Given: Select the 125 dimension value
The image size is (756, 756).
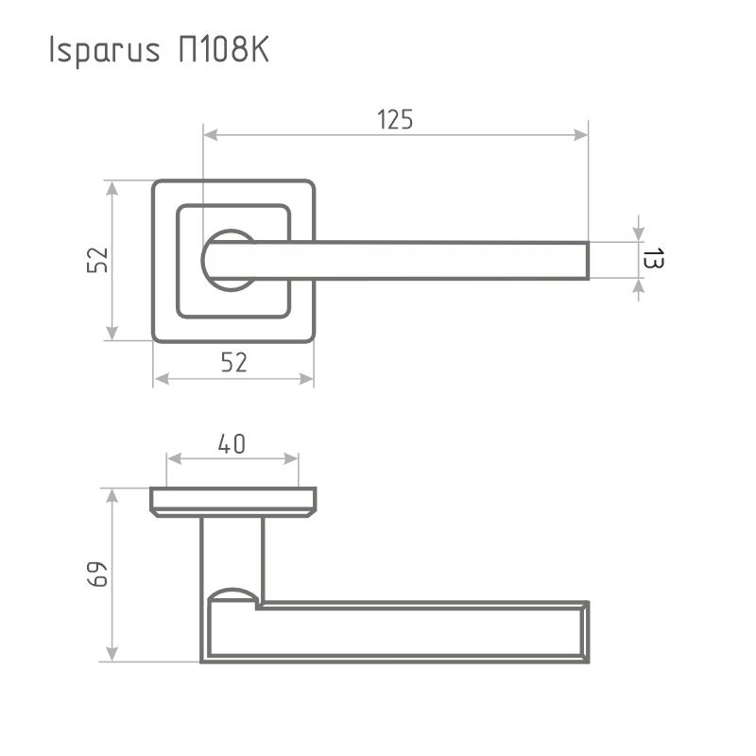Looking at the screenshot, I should pyautogui.click(x=395, y=120).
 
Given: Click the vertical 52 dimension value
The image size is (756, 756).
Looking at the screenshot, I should pyautogui.click(x=97, y=260).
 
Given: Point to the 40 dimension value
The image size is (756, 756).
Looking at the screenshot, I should pyautogui.click(x=232, y=443).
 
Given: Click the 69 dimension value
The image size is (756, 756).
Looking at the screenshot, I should pyautogui.click(x=97, y=575).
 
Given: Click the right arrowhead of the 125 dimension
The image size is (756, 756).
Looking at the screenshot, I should pyautogui.click(x=579, y=137).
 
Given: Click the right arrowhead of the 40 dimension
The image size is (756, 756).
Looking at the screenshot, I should pyautogui.click(x=291, y=460).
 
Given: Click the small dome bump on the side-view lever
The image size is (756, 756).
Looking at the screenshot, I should pyautogui.click(x=232, y=593).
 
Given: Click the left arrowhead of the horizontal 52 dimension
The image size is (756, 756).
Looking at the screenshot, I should pyautogui.click(x=162, y=379).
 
